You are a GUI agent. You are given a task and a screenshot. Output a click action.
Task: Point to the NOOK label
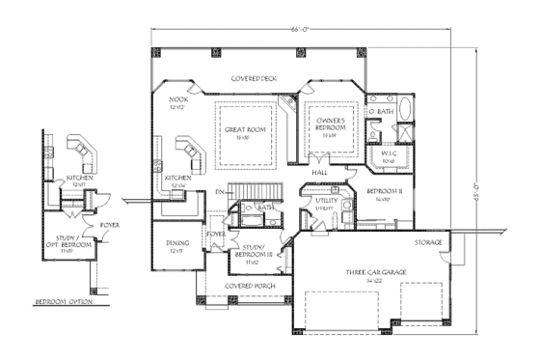click(178, 100)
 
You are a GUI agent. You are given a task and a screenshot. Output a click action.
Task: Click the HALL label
click(321, 172)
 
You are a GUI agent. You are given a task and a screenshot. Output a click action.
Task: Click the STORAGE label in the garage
click(428, 242)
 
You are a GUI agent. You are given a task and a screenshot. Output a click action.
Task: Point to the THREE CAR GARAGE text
click(368, 273)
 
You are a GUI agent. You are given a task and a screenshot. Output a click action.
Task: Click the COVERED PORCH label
click(246, 287)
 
